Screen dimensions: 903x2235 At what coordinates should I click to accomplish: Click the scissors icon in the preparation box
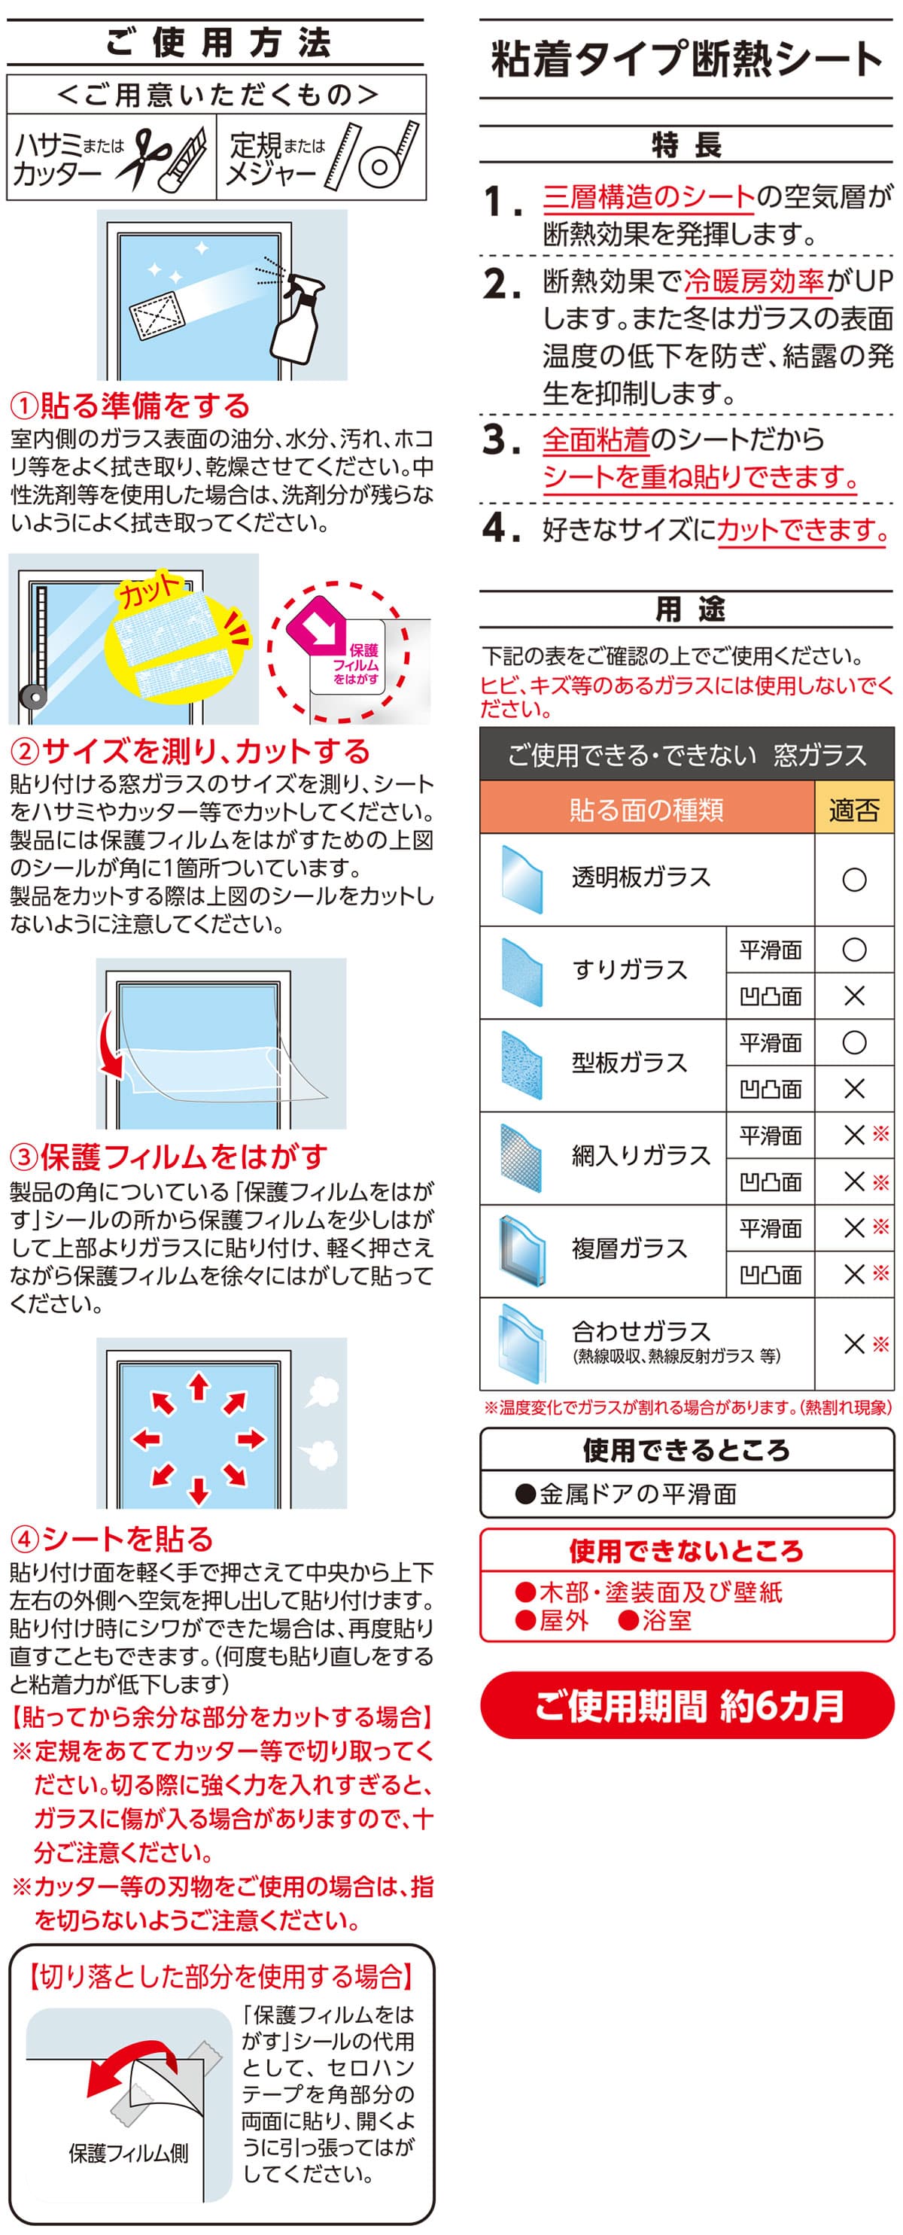[x=136, y=159]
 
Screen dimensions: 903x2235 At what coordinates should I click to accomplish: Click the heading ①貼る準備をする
[x=130, y=405]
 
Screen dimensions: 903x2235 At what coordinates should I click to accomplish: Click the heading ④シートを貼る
[x=112, y=1538]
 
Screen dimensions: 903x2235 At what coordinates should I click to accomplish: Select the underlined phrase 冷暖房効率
[x=753, y=281]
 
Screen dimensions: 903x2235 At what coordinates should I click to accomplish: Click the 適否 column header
[x=853, y=809]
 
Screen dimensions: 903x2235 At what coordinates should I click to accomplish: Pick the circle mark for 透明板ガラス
[x=854, y=880]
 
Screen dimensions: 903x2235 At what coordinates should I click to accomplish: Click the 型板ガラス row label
[x=630, y=1063]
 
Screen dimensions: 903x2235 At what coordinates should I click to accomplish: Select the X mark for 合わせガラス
[x=854, y=1344]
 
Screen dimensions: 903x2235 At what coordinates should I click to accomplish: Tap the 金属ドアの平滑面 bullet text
[x=625, y=1493]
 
